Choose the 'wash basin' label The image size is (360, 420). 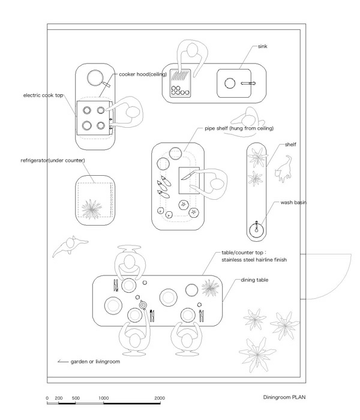point(293,203)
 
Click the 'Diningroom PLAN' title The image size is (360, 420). point(288,398)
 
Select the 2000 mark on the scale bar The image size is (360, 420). point(160,398)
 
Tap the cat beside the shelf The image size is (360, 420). point(283,169)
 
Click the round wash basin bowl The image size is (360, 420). point(259,228)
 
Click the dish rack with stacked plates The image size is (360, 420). point(180,85)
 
